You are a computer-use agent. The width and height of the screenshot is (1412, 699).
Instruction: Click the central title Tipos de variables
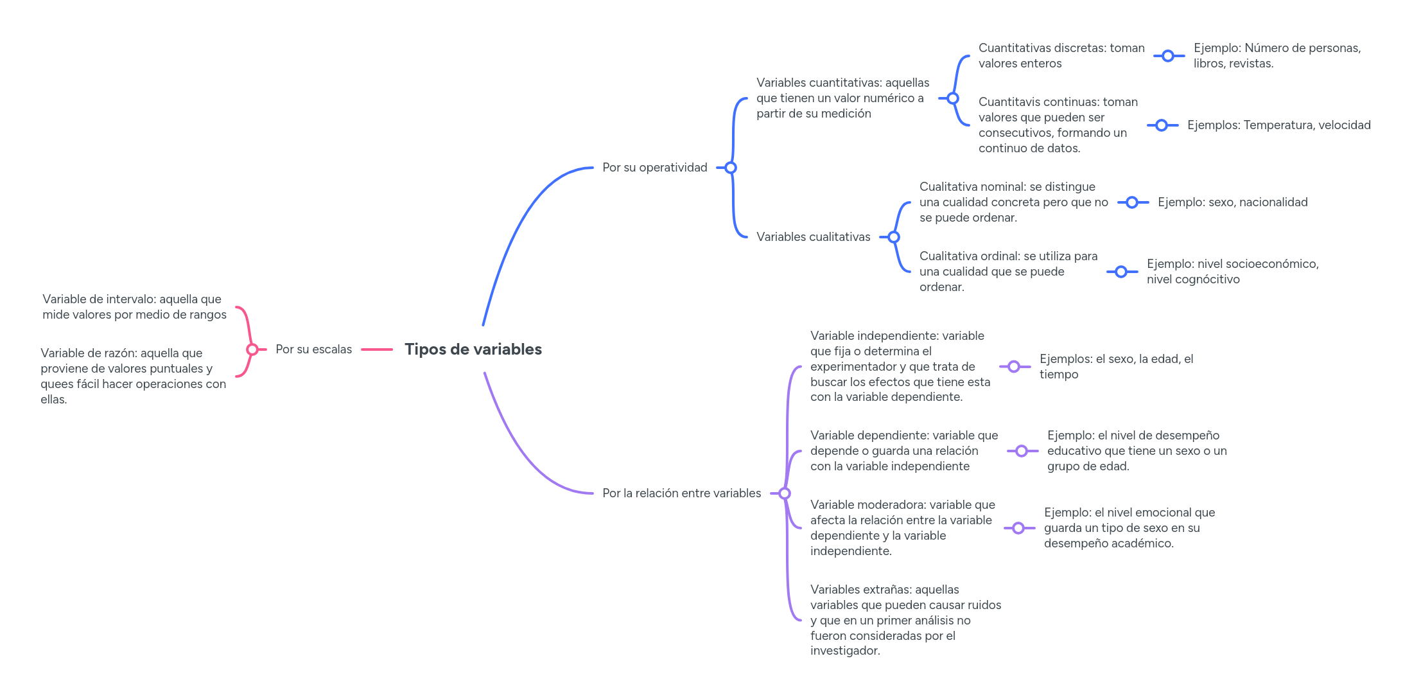tap(473, 349)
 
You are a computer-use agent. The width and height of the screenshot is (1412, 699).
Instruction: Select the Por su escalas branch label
tap(313, 349)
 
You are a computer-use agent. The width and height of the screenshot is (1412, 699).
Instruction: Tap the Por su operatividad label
tap(654, 168)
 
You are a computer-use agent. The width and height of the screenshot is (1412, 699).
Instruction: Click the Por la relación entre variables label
tap(681, 493)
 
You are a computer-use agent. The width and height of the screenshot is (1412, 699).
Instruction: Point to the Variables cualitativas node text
tap(813, 237)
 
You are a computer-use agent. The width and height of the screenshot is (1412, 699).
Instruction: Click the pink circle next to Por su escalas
tap(252, 349)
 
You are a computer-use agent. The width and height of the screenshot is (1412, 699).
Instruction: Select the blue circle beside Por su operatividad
tap(731, 168)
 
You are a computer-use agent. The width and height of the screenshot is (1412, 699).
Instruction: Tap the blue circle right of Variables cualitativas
tap(894, 237)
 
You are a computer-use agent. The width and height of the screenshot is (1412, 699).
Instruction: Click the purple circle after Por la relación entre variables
tap(784, 493)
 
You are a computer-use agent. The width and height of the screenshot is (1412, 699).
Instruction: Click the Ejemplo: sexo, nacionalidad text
tap(1232, 202)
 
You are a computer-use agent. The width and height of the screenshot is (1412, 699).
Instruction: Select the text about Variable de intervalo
tap(134, 307)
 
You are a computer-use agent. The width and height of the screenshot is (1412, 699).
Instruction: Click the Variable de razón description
tap(133, 376)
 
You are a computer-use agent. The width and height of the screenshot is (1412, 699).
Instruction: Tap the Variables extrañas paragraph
tap(905, 620)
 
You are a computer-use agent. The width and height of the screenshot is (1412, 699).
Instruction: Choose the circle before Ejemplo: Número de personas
tap(1168, 56)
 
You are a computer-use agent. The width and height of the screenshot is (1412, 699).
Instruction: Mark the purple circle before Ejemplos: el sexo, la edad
tap(1014, 367)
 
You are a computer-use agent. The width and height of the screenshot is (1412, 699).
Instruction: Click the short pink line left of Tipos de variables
tap(377, 349)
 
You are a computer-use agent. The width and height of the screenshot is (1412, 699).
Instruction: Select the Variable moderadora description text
tap(902, 528)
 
